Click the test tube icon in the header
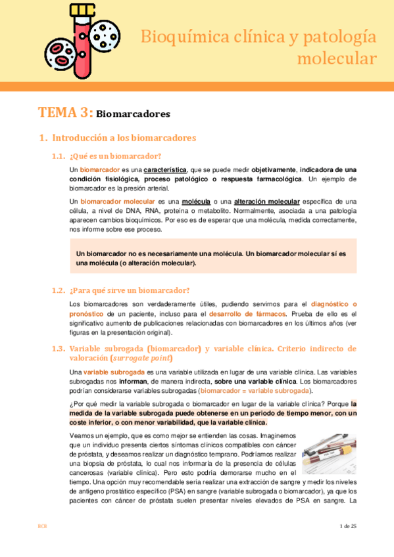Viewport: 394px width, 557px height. [x=80, y=39]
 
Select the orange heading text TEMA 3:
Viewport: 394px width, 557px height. [x=65, y=112]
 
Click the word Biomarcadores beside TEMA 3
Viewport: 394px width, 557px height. [x=134, y=114]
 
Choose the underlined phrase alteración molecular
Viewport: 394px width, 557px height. [x=263, y=201]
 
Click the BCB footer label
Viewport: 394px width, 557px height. [x=42, y=526]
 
